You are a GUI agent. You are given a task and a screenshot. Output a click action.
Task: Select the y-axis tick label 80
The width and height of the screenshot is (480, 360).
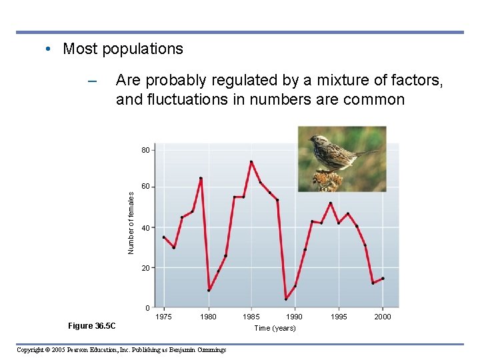pos(145,151)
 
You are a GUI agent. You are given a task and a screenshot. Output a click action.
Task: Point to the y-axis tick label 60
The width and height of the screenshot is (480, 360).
pos(145,187)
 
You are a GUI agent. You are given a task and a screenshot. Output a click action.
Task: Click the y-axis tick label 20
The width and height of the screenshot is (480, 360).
pos(145,268)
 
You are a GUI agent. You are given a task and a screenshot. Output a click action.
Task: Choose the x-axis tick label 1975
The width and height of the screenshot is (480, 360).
pos(163,317)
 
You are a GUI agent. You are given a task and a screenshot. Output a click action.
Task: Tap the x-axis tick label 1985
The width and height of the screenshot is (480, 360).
pos(251,317)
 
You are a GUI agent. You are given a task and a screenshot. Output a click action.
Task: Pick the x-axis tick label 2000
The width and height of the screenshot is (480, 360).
pos(382,317)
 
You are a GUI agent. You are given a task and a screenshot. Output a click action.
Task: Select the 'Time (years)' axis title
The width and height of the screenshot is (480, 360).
pos(275,328)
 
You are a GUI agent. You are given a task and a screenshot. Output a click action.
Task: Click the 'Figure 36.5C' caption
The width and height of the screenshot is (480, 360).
pos(91,326)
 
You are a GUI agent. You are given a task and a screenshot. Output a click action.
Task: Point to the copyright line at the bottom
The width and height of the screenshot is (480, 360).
pos(121,349)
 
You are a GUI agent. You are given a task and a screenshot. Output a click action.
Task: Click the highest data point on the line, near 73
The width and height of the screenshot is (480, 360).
pos(251,161)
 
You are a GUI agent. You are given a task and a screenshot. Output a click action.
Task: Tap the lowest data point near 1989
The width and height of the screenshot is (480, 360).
pos(286,299)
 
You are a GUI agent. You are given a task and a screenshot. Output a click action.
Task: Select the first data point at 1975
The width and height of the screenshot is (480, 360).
pos(163,237)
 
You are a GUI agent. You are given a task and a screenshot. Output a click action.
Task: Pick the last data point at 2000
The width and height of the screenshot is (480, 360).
pos(382,279)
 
